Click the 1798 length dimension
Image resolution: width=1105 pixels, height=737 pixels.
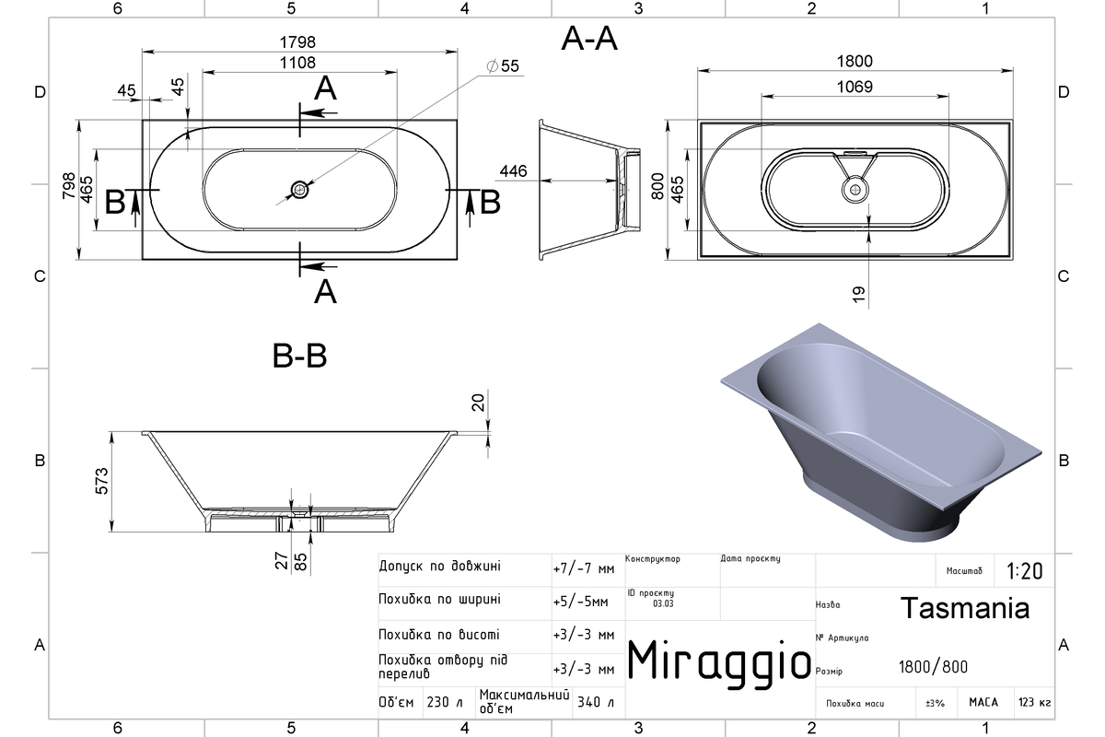297,42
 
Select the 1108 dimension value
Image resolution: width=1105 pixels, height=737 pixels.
297,63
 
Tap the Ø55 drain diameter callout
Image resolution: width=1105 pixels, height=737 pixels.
503,65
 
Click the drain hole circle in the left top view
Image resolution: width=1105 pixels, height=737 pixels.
299,190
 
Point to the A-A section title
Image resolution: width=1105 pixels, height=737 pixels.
589,39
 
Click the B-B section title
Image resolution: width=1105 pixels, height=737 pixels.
299,356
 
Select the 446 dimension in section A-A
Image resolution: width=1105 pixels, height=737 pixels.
513,171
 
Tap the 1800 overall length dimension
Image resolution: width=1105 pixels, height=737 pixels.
855,61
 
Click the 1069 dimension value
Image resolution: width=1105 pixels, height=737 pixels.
855,87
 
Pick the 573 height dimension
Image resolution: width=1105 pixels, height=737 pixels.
101,481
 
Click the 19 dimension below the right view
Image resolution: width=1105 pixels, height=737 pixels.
859,294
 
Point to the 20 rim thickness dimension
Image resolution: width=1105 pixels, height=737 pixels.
478,403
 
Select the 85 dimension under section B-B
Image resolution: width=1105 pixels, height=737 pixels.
300,562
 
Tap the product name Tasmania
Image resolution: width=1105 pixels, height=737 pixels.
965,608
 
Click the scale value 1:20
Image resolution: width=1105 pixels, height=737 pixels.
1025,571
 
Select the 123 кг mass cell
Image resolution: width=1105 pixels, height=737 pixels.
1034,702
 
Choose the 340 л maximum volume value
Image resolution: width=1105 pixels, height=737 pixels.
596,702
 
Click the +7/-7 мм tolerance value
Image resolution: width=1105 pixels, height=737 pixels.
584,568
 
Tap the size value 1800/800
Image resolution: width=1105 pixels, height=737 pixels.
933,667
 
